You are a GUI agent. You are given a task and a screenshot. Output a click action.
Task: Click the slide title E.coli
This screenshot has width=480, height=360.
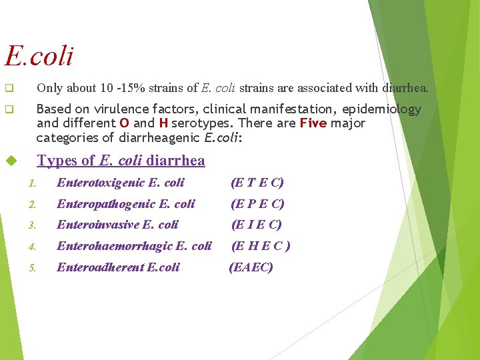[39, 56]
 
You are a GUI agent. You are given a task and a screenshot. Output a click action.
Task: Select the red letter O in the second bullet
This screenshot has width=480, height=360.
[124, 123]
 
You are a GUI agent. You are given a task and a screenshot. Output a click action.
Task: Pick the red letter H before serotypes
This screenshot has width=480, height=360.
[163, 123]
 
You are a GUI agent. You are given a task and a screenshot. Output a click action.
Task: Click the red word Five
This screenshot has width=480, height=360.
[313, 123]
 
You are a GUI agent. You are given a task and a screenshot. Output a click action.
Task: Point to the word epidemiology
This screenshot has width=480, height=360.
[387, 109]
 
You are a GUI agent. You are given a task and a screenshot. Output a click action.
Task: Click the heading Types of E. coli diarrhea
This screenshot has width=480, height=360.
[121, 161]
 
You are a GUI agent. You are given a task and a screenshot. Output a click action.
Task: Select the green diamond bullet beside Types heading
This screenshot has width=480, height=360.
[10, 161]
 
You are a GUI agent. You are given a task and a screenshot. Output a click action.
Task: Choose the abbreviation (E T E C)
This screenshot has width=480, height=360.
[257, 183]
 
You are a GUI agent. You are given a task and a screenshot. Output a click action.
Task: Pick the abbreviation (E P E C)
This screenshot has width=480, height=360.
[257, 204]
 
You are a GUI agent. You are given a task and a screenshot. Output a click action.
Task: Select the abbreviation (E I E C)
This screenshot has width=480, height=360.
[256, 225]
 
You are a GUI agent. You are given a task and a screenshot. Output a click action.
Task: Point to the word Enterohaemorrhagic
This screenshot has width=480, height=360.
[114, 246]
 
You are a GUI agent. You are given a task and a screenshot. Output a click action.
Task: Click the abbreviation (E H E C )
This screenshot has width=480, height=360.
[260, 246]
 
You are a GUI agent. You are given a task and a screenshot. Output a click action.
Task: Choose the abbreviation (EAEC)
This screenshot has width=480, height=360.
[251, 267]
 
